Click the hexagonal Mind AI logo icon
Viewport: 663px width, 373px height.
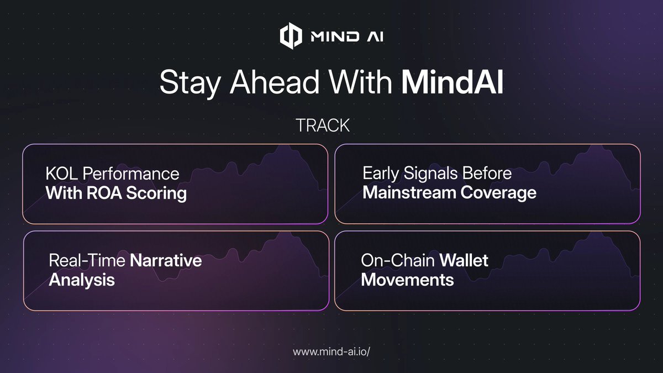(291, 36)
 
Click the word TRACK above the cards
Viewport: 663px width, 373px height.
(323, 125)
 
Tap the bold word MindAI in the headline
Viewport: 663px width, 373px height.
(452, 82)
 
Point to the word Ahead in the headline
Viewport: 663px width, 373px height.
(275, 82)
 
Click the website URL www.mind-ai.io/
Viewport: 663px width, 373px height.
(331, 351)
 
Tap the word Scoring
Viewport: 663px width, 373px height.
(156, 194)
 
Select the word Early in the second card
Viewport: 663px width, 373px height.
(381, 174)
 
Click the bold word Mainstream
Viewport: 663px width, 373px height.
(409, 193)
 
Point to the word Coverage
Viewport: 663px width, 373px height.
(498, 193)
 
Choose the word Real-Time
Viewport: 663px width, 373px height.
(87, 260)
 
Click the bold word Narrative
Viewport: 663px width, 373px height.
(166, 260)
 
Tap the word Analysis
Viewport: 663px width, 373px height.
(82, 281)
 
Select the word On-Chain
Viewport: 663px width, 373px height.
(398, 260)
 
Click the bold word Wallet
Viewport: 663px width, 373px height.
(464, 260)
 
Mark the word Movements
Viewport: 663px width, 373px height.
(407, 280)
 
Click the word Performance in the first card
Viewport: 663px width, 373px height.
(131, 174)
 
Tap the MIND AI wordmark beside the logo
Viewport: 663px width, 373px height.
(347, 36)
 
